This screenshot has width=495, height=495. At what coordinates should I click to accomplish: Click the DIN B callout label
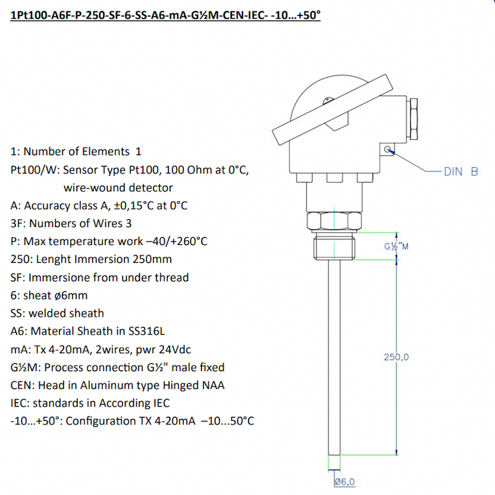460,171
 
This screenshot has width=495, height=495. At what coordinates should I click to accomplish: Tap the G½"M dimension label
397,247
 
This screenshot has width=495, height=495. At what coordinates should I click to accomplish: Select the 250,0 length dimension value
396,357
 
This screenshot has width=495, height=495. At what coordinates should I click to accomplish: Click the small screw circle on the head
388,150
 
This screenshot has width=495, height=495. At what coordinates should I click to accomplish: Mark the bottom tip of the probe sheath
334,454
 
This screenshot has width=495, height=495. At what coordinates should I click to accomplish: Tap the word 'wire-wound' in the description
91,187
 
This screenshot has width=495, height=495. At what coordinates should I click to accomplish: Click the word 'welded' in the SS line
48,313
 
